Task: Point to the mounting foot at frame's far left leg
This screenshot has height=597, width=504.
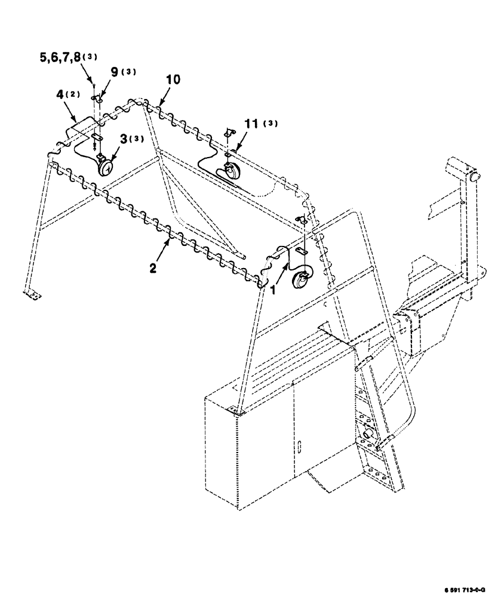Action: click(x=34, y=294)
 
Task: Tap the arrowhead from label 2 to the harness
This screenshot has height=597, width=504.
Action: click(x=170, y=234)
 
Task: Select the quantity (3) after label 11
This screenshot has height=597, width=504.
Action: click(x=271, y=124)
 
